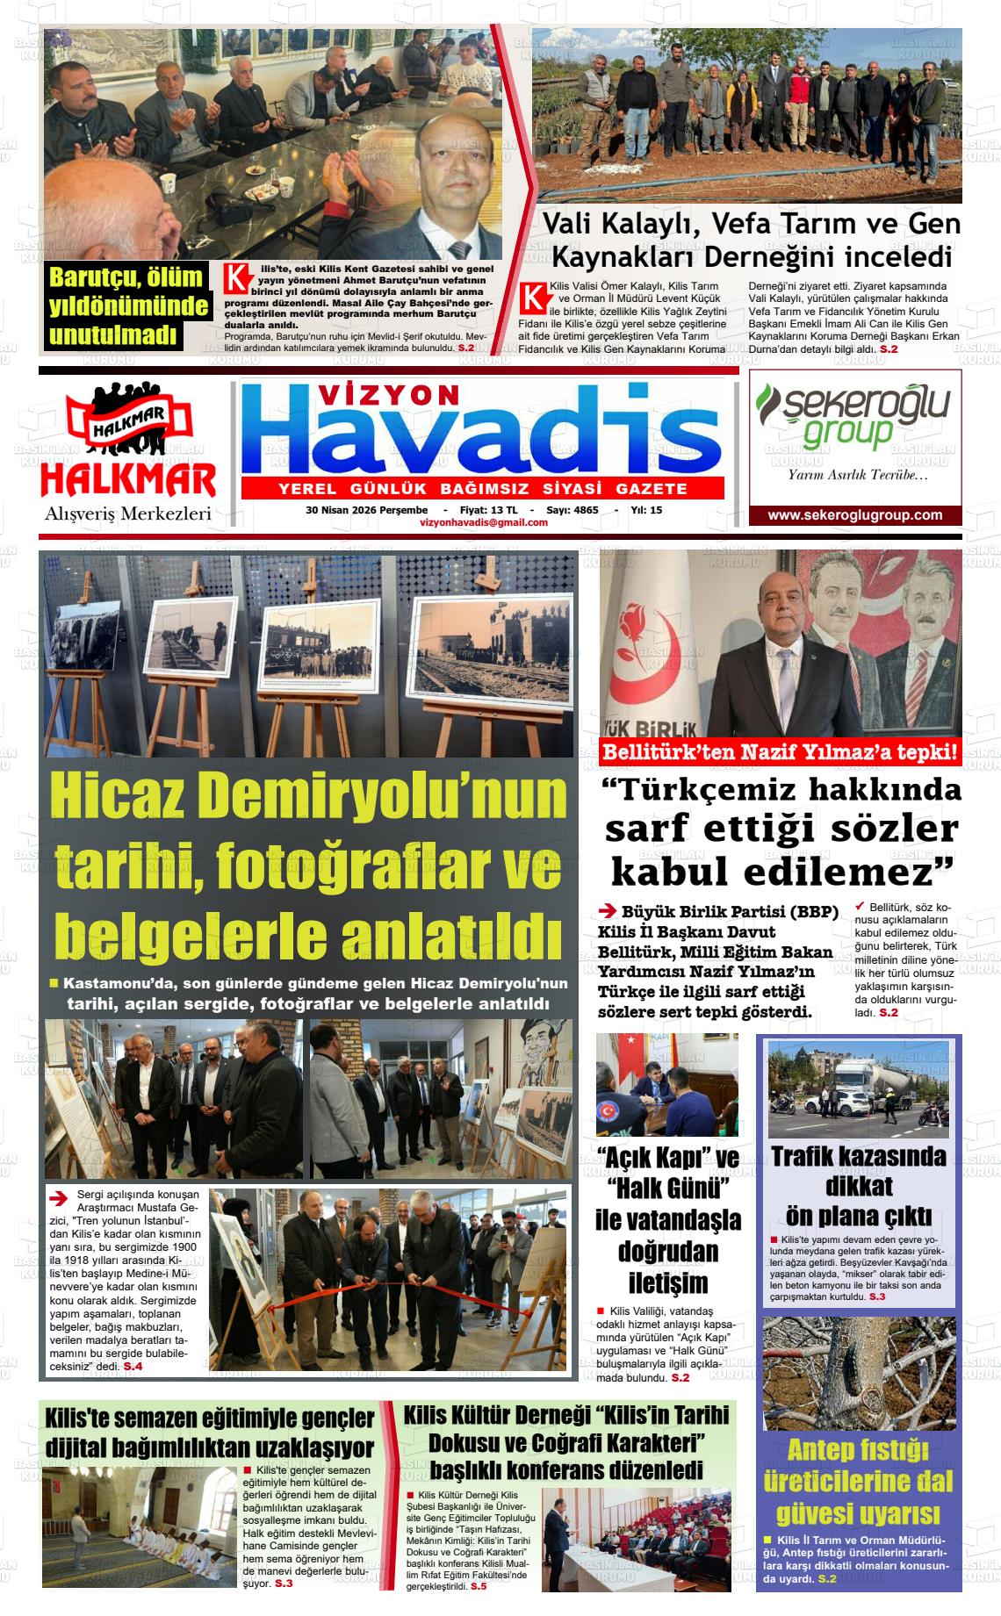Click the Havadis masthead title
click(x=481, y=435)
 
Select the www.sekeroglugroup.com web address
click(x=854, y=515)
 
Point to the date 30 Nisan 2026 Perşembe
click(x=366, y=510)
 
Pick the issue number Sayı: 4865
click(x=572, y=510)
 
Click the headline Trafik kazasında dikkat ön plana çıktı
click(x=859, y=1185)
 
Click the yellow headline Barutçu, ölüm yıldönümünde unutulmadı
click(x=127, y=305)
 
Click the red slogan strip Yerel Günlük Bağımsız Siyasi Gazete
click(x=482, y=489)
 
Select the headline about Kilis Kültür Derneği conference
click(x=566, y=1445)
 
